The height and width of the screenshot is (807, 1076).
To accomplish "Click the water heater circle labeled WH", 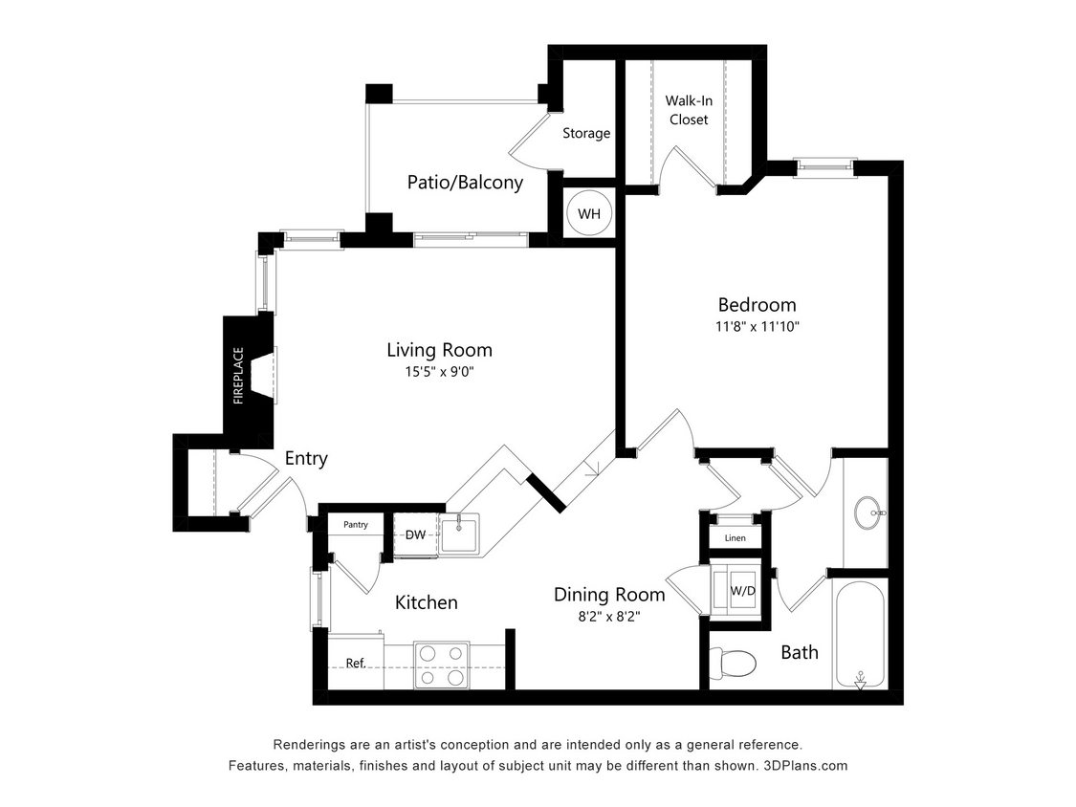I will [x=588, y=213].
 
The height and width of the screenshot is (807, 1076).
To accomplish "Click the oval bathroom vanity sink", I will [x=869, y=512].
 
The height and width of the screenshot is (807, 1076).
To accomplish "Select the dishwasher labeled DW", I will [x=415, y=534].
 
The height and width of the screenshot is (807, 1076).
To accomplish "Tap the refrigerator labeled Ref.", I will [x=356, y=664].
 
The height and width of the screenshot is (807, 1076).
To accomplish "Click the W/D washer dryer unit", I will [x=742, y=590].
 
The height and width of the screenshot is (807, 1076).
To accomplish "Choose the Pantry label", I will [x=355, y=525].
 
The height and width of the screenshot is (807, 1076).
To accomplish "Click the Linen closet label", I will [x=735, y=538].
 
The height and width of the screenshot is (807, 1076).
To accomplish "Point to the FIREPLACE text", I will [x=239, y=375].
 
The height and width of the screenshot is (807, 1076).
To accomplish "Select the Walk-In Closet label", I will [x=688, y=110].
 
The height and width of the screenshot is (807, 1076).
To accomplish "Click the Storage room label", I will [x=585, y=133].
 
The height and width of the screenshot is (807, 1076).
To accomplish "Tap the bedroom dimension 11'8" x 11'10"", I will [x=757, y=327].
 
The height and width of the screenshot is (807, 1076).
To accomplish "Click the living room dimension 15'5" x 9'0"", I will [x=439, y=372].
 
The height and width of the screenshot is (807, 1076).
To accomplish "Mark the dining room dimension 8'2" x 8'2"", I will [x=609, y=617].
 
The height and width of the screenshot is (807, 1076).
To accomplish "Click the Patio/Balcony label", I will [x=465, y=183].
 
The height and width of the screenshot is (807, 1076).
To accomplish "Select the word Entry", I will [x=306, y=459].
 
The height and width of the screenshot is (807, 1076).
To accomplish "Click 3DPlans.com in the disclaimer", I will [x=804, y=766].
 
